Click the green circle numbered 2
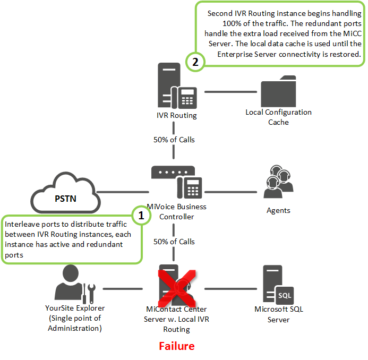click(x=195, y=62)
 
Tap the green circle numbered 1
click(x=141, y=215)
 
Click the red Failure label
click(x=177, y=346)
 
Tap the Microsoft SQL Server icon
click(x=278, y=284)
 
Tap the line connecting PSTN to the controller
click(x=122, y=192)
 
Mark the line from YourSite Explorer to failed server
click(x=122, y=289)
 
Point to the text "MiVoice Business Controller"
click(x=176, y=211)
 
